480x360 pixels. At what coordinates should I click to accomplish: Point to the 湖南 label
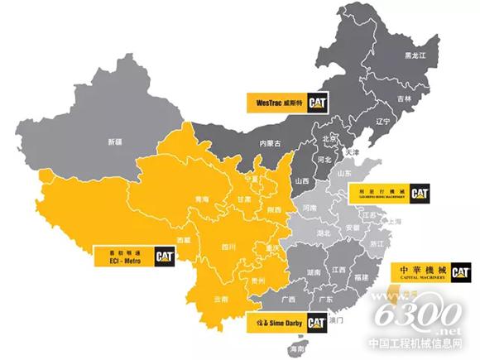coord(314,271)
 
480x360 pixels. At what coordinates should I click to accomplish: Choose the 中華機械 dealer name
coord(422,271)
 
